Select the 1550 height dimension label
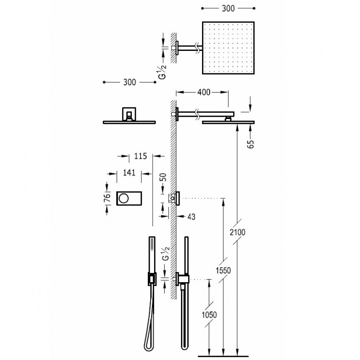coord(224,270)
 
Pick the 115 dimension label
coord(141,156)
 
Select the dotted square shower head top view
coord(228,47)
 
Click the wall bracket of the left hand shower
coord(151,278)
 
